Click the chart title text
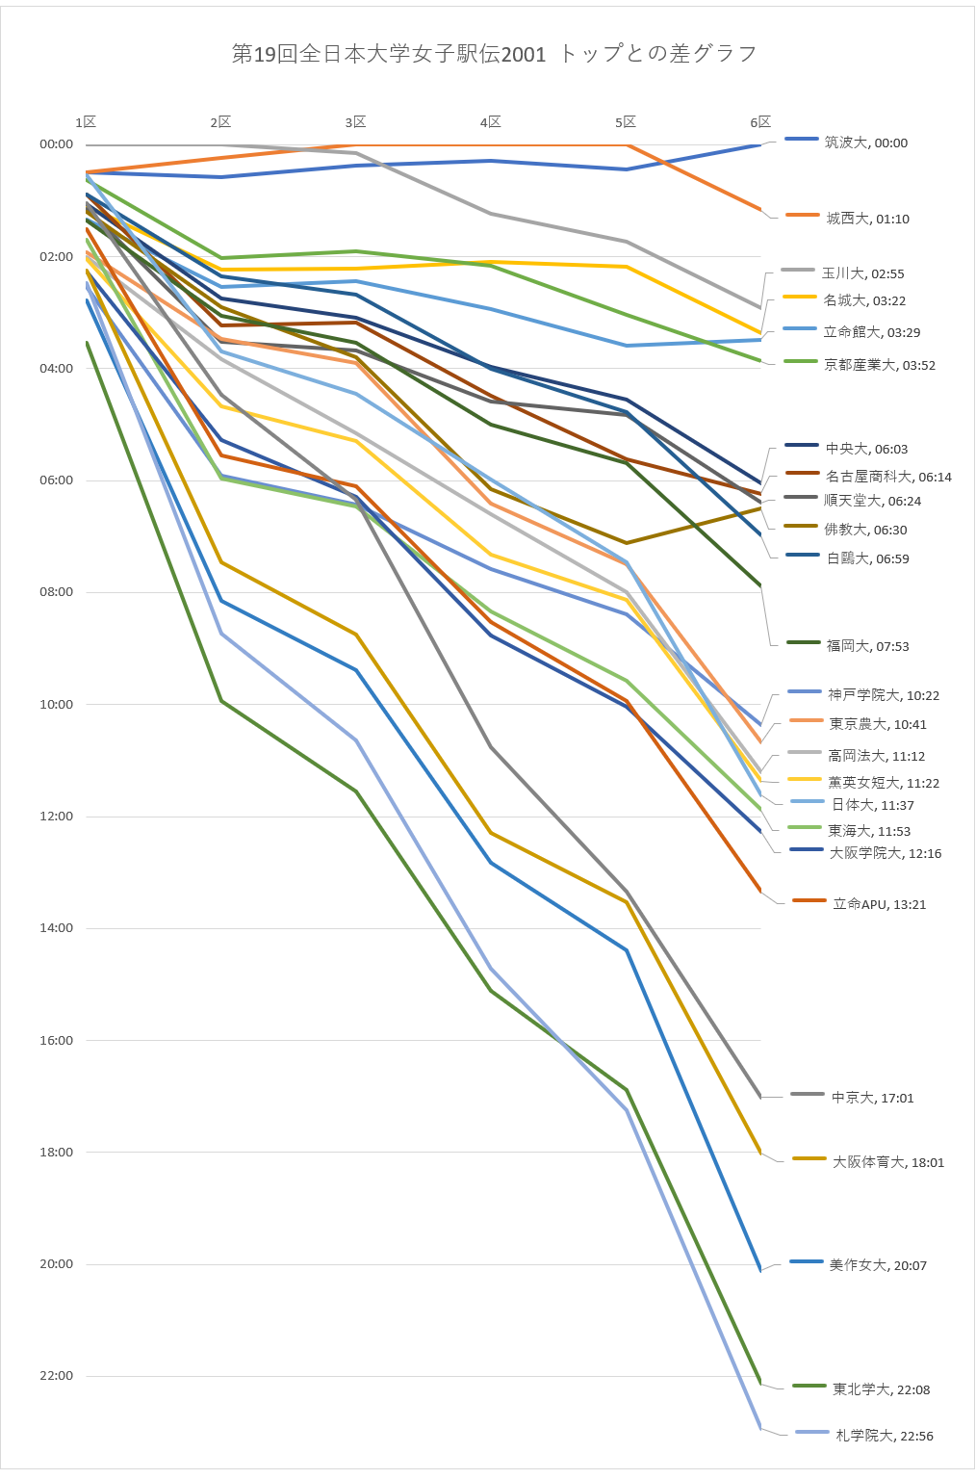click(494, 54)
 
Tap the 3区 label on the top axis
click(356, 122)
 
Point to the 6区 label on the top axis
click(760, 122)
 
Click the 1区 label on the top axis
click(87, 122)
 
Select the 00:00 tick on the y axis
click(56, 144)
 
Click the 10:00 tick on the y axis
click(56, 704)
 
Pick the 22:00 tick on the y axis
click(56, 1376)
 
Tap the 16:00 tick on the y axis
click(56, 1040)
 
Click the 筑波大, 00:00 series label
click(865, 143)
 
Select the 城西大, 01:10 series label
click(867, 219)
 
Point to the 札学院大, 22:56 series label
click(884, 1436)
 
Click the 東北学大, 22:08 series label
click(881, 1389)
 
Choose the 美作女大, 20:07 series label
click(878, 1265)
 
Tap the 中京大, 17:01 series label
click(872, 1098)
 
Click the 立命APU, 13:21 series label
click(879, 904)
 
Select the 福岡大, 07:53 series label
click(867, 646)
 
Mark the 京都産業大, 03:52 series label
click(879, 365)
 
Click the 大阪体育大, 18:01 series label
click(887, 1162)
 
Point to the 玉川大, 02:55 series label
click(862, 273)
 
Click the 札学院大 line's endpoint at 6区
click(760, 1427)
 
